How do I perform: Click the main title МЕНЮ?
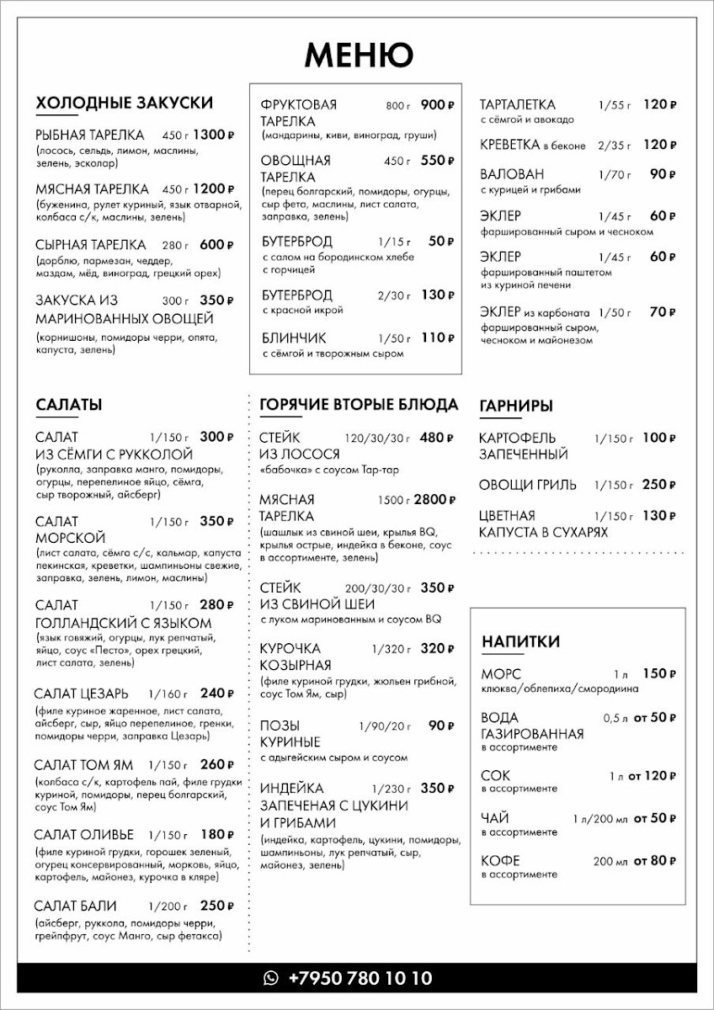point(358,55)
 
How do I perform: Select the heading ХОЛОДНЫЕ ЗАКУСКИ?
point(124,104)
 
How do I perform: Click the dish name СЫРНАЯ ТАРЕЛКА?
point(91,245)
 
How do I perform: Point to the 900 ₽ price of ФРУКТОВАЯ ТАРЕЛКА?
point(437,105)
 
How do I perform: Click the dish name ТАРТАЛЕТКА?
point(517,105)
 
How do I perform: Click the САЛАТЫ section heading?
point(69,405)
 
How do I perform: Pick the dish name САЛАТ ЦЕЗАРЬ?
point(82,694)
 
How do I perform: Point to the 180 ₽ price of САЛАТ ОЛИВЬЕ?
point(216,835)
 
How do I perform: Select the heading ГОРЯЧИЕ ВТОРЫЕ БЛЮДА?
point(360,405)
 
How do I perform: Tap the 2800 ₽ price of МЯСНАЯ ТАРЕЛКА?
point(434,500)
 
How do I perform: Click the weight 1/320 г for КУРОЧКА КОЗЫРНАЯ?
point(390,649)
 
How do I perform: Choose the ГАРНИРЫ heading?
point(515,406)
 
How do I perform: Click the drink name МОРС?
point(501,674)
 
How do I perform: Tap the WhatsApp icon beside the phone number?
point(271,978)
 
